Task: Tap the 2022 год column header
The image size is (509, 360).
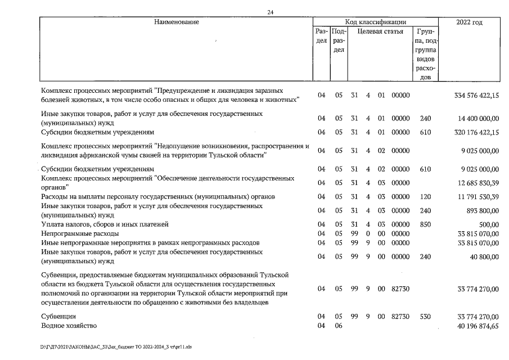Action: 470,22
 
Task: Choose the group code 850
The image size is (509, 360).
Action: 425,224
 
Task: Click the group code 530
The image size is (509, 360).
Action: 425,317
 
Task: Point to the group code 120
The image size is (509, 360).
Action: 425,196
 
